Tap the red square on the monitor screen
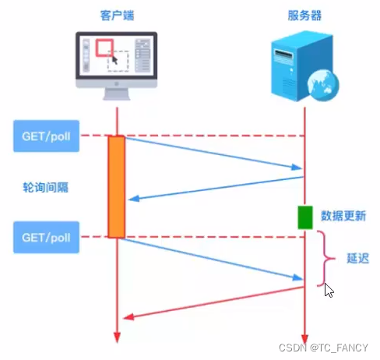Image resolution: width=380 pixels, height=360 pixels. point(104,49)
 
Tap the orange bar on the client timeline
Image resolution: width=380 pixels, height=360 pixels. point(117,186)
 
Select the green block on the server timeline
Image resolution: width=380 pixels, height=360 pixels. point(304,217)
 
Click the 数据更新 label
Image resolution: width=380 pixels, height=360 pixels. point(343,217)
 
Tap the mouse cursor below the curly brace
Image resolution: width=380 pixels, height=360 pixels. point(329,291)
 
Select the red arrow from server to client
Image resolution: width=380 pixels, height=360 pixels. point(210,302)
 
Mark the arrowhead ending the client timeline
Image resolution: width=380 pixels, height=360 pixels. point(117,337)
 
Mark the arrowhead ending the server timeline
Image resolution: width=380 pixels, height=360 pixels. point(304,337)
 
